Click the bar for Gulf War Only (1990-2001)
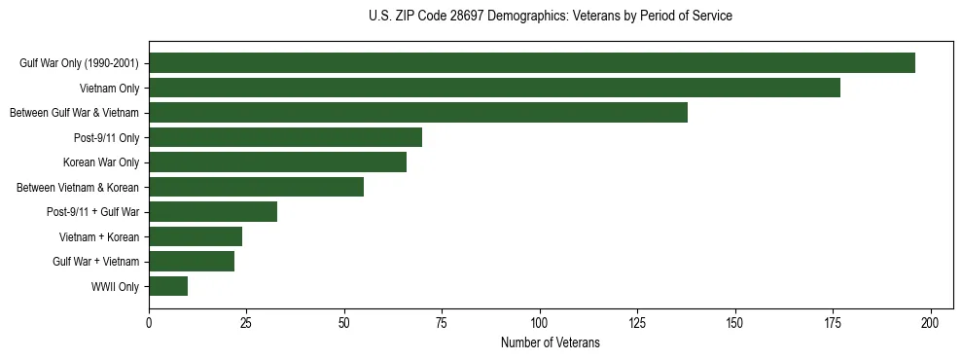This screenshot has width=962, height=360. pyautogui.click(x=532, y=63)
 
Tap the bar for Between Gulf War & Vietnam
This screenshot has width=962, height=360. pyautogui.click(x=418, y=113)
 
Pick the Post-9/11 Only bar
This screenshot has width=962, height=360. pyautogui.click(x=285, y=137)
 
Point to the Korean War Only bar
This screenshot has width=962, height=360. pyautogui.click(x=277, y=162)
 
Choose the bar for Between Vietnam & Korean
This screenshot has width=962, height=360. pyautogui.click(x=256, y=187)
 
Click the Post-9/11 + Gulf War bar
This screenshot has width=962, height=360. pyautogui.click(x=213, y=212)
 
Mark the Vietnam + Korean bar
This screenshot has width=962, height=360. pyautogui.click(x=196, y=236)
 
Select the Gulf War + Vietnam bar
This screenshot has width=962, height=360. pyautogui.click(x=192, y=262)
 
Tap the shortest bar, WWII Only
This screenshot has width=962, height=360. pyautogui.click(x=168, y=286)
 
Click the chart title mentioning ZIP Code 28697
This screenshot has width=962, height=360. pyautogui.click(x=551, y=17)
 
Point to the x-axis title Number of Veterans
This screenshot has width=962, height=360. pyautogui.click(x=551, y=343)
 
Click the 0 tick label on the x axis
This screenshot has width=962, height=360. pyautogui.click(x=149, y=323)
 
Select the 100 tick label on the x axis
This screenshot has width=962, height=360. pyautogui.click(x=540, y=323)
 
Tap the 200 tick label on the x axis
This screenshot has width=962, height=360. pyautogui.click(x=931, y=323)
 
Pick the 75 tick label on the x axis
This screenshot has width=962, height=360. pyautogui.click(x=442, y=323)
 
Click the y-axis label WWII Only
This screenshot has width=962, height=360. pyautogui.click(x=115, y=287)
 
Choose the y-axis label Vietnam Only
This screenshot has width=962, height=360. pyautogui.click(x=109, y=89)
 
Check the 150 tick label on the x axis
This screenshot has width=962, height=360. pyautogui.click(x=735, y=323)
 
